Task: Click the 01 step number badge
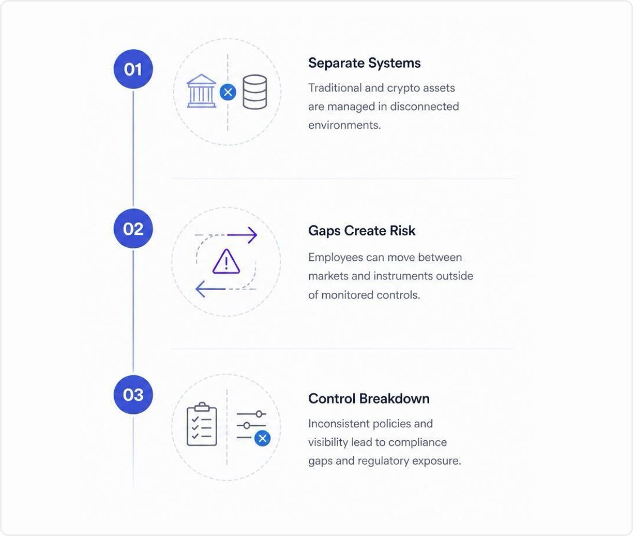133,69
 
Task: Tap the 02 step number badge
133,229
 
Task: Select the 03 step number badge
133,395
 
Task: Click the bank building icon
201,91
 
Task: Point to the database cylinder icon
254,92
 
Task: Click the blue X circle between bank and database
228,92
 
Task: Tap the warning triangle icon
226,261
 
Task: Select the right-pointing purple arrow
242,235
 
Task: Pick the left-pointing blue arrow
210,289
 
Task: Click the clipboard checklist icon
202,424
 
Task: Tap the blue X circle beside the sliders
262,438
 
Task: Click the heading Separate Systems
365,63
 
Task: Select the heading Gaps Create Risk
361,231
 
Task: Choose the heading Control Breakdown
369,399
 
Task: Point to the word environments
344,125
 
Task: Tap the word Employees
336,258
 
